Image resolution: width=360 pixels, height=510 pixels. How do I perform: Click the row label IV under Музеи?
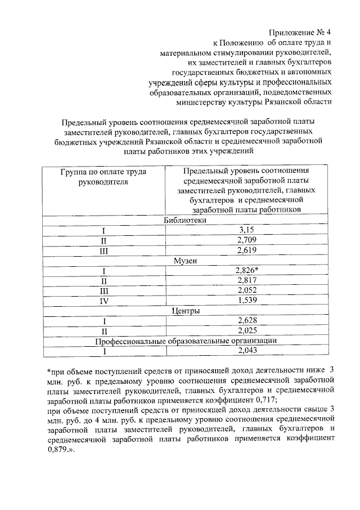point(103,301)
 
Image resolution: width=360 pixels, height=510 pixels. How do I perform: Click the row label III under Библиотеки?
point(103,251)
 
